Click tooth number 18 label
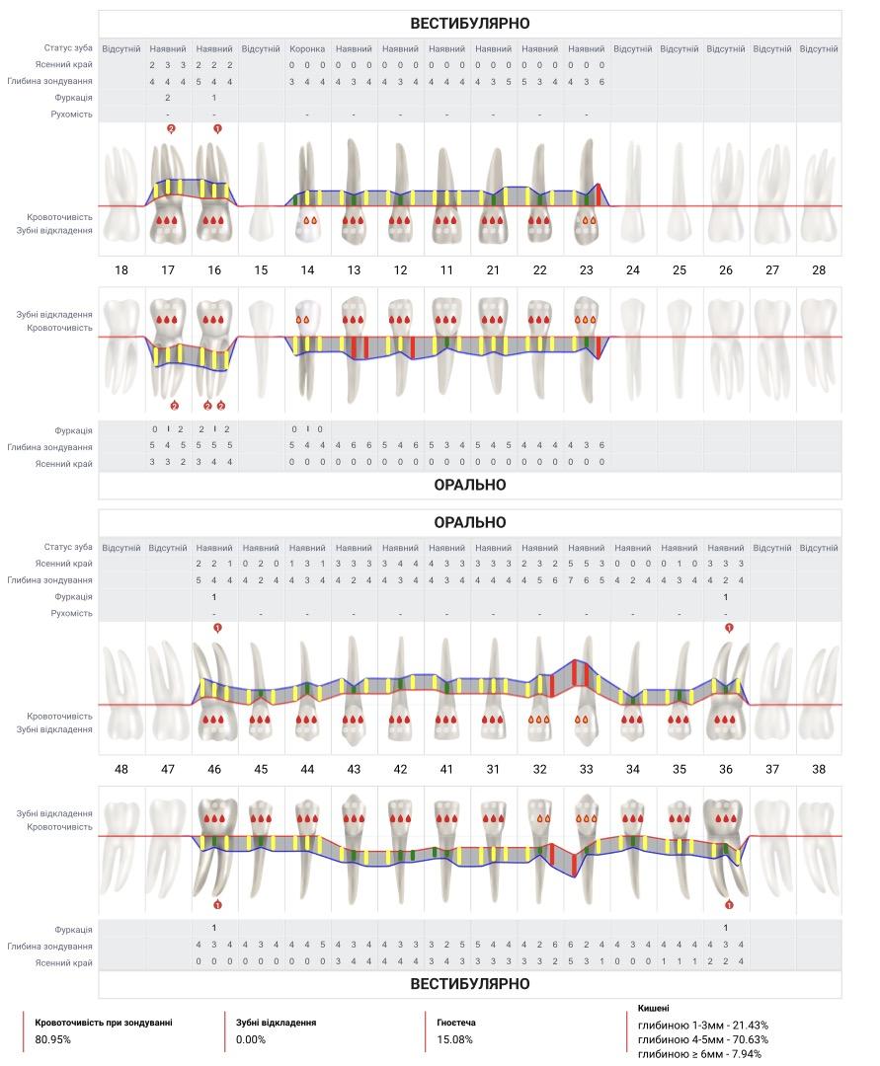pyautogui.click(x=121, y=269)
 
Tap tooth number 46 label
pyautogui.click(x=214, y=769)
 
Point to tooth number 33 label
pyautogui.click(x=587, y=769)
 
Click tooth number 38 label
pyautogui.click(x=819, y=769)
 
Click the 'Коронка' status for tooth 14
pyautogui.click(x=307, y=49)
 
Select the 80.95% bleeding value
pyautogui.click(x=53, y=1039)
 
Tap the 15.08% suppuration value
pyautogui.click(x=455, y=1039)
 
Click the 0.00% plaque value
pyautogui.click(x=251, y=1039)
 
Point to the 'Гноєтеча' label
pyautogui.click(x=456, y=1023)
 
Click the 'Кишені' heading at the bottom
pyautogui.click(x=654, y=1008)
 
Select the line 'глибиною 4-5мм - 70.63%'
pyautogui.click(x=703, y=1039)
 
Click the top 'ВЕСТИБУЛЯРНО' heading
pyautogui.click(x=470, y=23)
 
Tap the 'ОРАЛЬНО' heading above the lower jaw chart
pyautogui.click(x=470, y=522)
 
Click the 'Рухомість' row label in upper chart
pyautogui.click(x=71, y=114)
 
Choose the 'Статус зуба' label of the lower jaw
pyautogui.click(x=68, y=547)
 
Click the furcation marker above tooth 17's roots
pyautogui.click(x=171, y=128)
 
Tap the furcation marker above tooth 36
pyautogui.click(x=729, y=628)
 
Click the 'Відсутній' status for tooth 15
pyautogui.click(x=261, y=49)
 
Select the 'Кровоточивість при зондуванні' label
pyautogui.click(x=104, y=1023)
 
